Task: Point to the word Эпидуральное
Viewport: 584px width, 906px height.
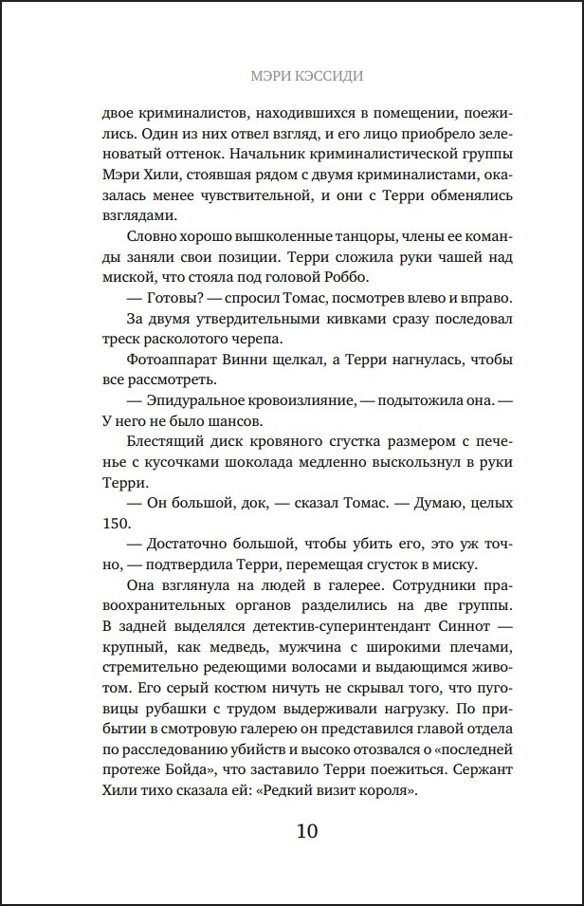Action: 196,402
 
